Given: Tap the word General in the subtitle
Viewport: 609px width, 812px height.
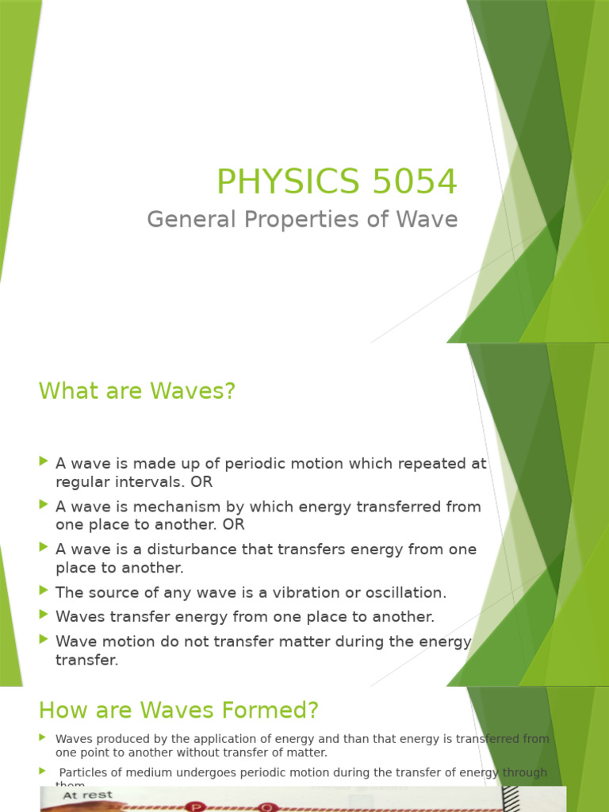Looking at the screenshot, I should [x=186, y=219].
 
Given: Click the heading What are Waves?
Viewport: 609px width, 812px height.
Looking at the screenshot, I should [x=137, y=391].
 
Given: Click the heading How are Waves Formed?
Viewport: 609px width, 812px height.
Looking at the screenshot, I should [x=178, y=710].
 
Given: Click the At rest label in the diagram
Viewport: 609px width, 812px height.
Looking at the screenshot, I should [x=88, y=795].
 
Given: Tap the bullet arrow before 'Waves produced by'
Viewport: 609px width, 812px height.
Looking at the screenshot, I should [x=43, y=738].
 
